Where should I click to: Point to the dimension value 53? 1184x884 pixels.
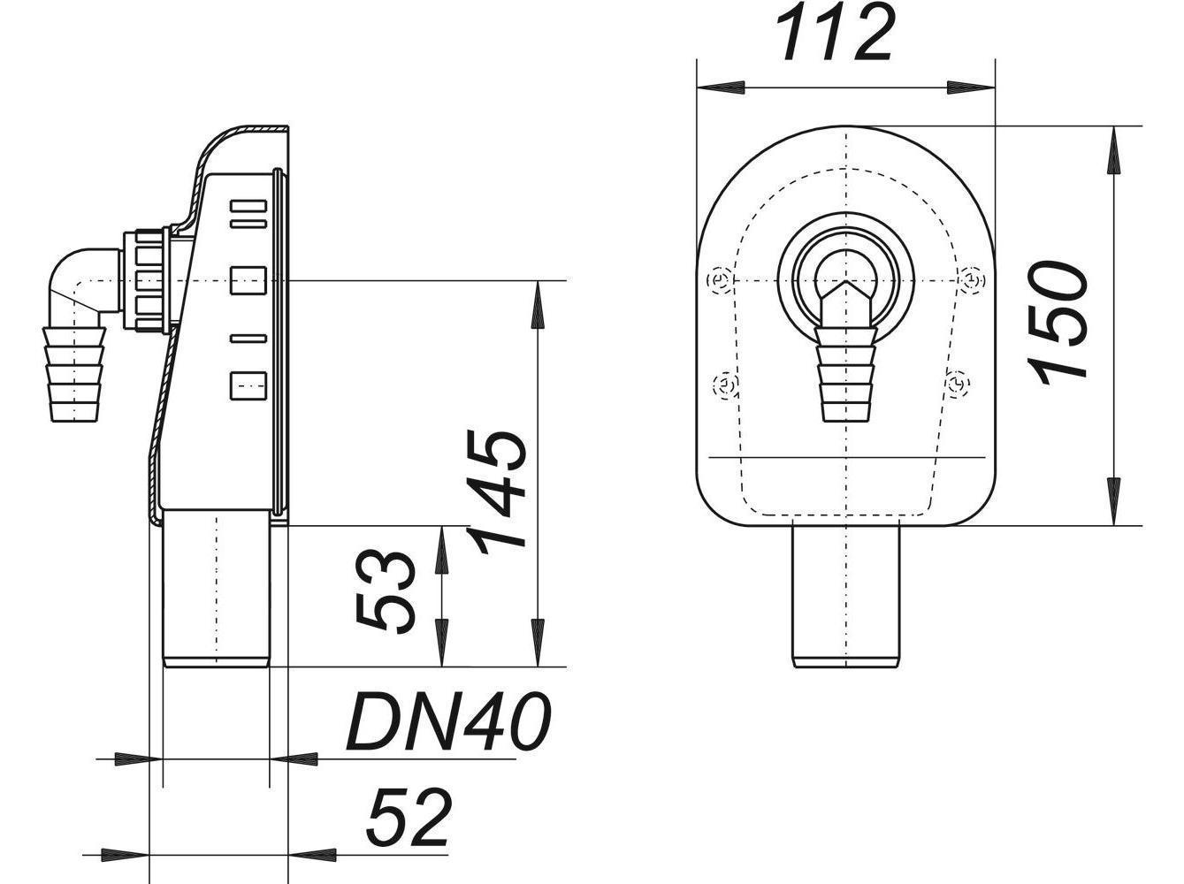[386, 592]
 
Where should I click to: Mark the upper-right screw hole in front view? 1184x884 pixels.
[972, 279]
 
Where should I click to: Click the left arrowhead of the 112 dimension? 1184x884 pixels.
[719, 87]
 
